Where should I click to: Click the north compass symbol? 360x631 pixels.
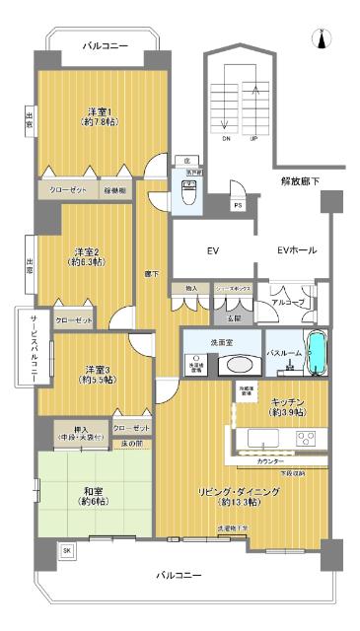click(320, 38)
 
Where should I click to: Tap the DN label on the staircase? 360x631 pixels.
click(225, 139)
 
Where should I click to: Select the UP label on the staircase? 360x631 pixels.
click(254, 139)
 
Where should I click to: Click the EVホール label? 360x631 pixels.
click(297, 250)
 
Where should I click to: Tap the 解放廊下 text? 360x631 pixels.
click(299, 181)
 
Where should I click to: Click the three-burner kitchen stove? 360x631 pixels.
click(306, 437)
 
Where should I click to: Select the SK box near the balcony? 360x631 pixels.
click(67, 550)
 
